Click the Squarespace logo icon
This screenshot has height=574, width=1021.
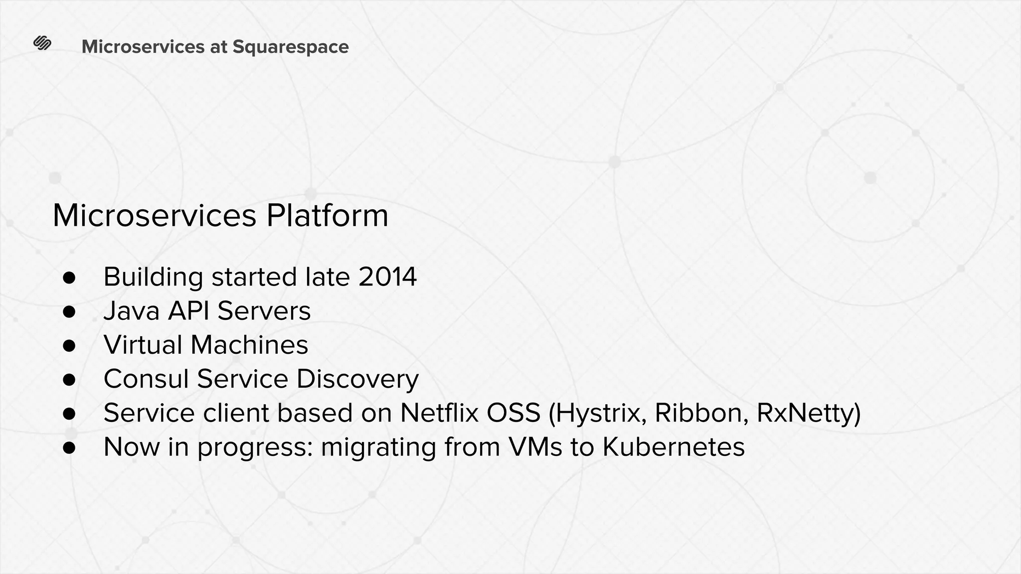[x=42, y=44]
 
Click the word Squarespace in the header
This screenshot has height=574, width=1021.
[x=290, y=47]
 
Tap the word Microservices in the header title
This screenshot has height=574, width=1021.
[x=143, y=47]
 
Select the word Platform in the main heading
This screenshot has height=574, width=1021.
[x=327, y=216]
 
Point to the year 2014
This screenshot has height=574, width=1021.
[x=387, y=277]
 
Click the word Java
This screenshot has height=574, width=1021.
[x=132, y=311]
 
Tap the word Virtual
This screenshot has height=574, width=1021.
[x=143, y=345]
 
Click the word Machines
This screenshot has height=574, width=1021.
[x=249, y=345]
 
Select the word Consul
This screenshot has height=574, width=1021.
[x=146, y=379]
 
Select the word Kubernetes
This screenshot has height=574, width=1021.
[x=673, y=447]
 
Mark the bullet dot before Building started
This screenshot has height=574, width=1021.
[x=69, y=278]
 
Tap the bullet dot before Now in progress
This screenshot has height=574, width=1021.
[x=69, y=447]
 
